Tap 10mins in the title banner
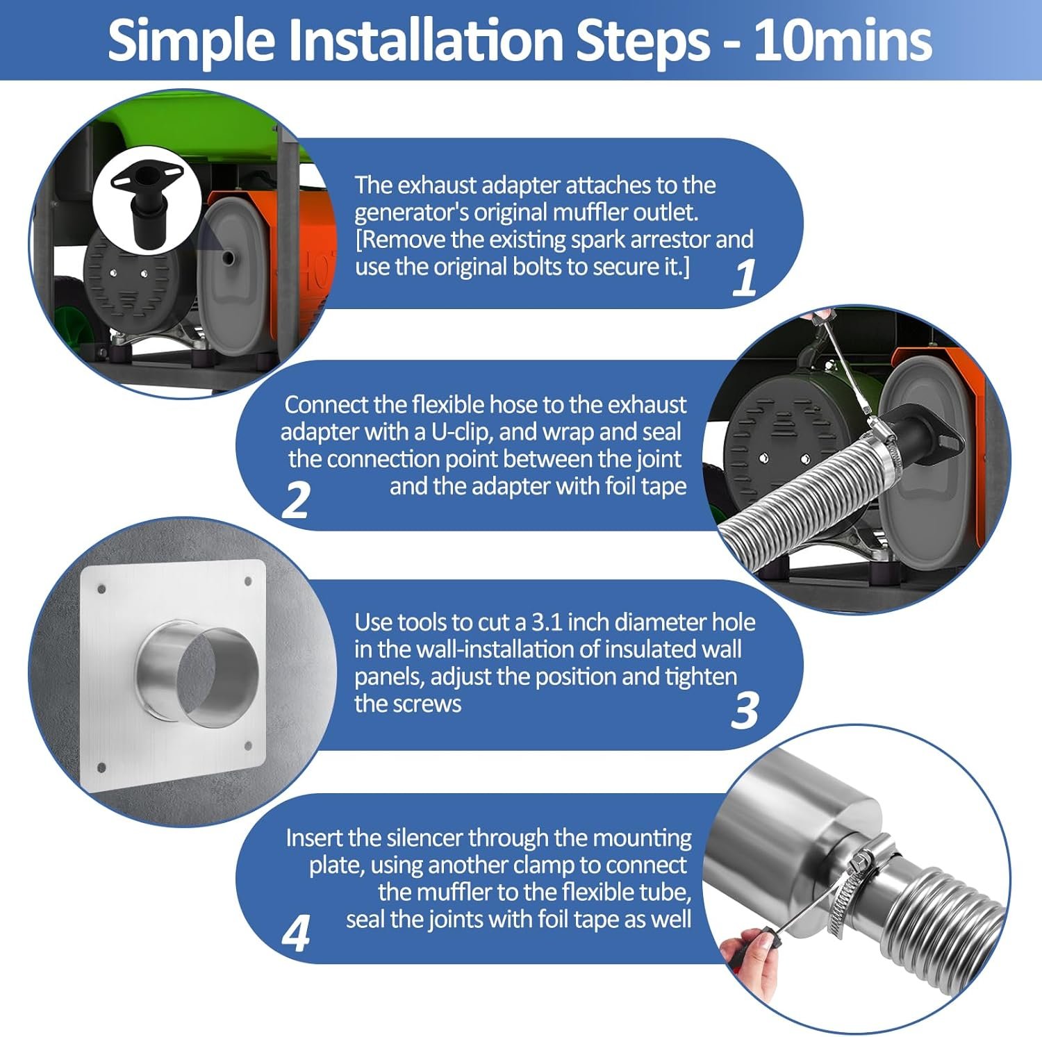pyautogui.click(x=843, y=40)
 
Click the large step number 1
pyautogui.click(x=745, y=278)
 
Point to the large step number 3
pyautogui.click(x=745, y=710)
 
